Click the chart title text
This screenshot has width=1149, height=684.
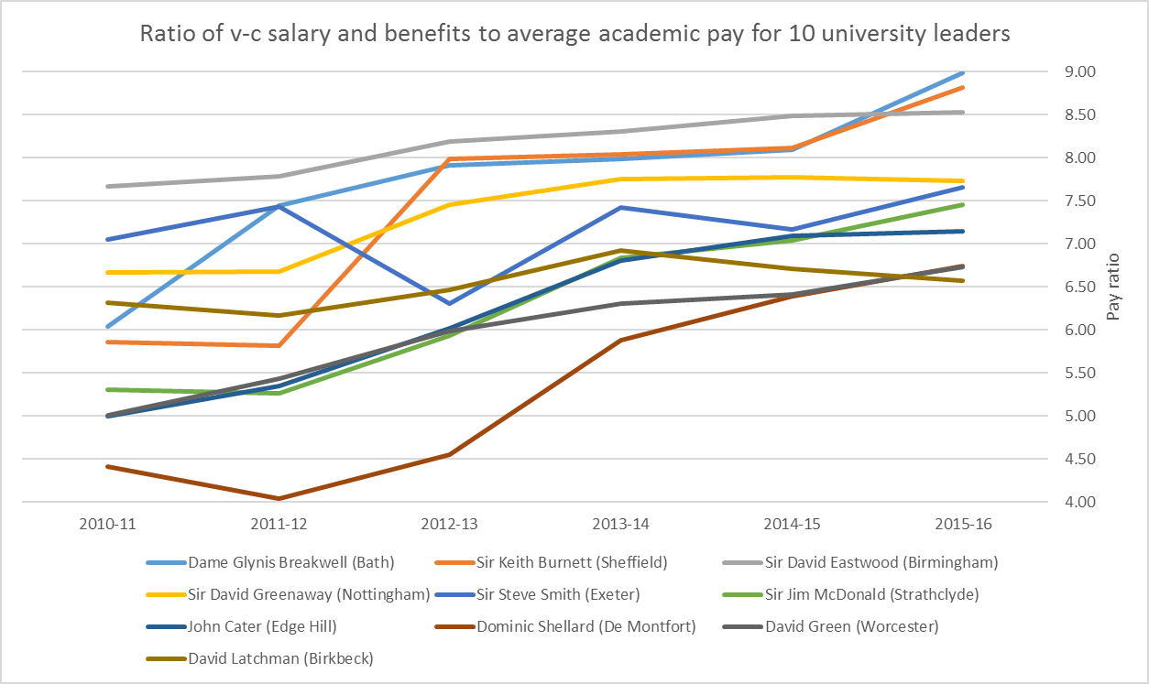click(x=574, y=34)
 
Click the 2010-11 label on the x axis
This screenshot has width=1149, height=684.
click(x=108, y=525)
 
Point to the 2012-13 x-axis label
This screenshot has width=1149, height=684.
click(x=450, y=525)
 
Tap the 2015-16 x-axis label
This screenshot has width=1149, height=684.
click(x=962, y=525)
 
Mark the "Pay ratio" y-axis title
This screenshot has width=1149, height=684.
click(x=1113, y=287)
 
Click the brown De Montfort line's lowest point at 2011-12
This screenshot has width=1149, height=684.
click(x=279, y=498)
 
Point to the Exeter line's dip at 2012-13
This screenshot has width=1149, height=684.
click(x=450, y=303)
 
